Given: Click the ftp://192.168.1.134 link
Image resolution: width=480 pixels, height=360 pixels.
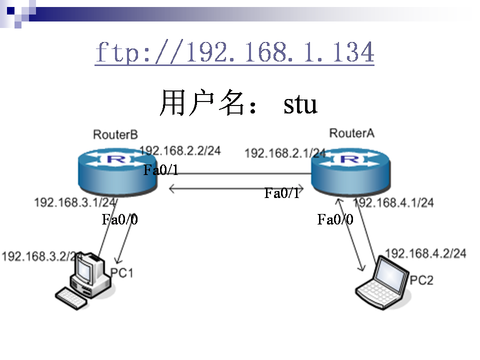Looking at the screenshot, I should [x=234, y=52].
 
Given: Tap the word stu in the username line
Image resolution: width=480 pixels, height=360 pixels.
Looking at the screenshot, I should [x=300, y=104].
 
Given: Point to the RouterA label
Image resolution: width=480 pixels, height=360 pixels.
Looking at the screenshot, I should [x=351, y=132].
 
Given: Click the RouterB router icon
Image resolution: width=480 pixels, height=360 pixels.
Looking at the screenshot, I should [x=117, y=173].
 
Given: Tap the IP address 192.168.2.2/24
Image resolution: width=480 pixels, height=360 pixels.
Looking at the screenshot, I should [x=180, y=150].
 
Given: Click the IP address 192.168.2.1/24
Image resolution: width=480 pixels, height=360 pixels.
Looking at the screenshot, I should [x=285, y=153].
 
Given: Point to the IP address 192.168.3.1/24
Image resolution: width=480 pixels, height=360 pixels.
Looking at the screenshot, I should [x=75, y=202].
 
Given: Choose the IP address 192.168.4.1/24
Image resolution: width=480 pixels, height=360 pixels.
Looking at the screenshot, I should [x=394, y=202].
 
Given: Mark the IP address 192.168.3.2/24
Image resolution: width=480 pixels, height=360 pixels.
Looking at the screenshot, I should [x=42, y=256].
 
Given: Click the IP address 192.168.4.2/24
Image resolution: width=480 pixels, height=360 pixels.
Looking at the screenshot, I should [x=425, y=253].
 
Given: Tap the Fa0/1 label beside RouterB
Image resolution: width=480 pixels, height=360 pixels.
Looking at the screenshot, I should [x=161, y=170].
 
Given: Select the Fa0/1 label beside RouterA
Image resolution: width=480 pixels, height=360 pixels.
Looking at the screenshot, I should [x=282, y=193].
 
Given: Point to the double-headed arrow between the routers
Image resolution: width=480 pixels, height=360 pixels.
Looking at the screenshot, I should [x=238, y=188].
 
